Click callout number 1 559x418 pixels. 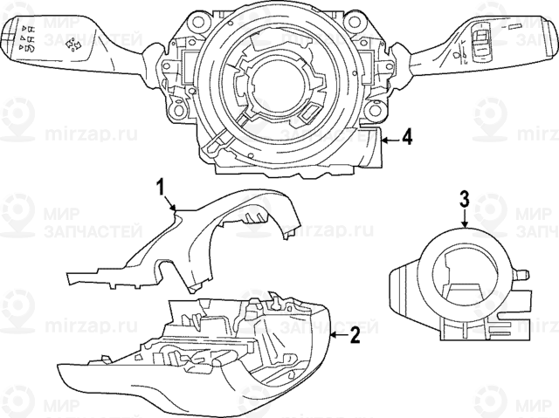pyautogui.click(x=161, y=185)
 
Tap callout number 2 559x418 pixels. pyautogui.click(x=355, y=333)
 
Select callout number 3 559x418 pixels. pyautogui.click(x=466, y=199)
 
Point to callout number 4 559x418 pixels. pyautogui.click(x=406, y=138)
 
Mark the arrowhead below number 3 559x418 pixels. pyautogui.click(x=466, y=229)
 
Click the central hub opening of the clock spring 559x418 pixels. pyautogui.click(x=272, y=87)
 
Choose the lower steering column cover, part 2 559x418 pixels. pyautogui.click(x=218, y=358)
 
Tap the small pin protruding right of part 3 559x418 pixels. pyautogui.click(x=527, y=274)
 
